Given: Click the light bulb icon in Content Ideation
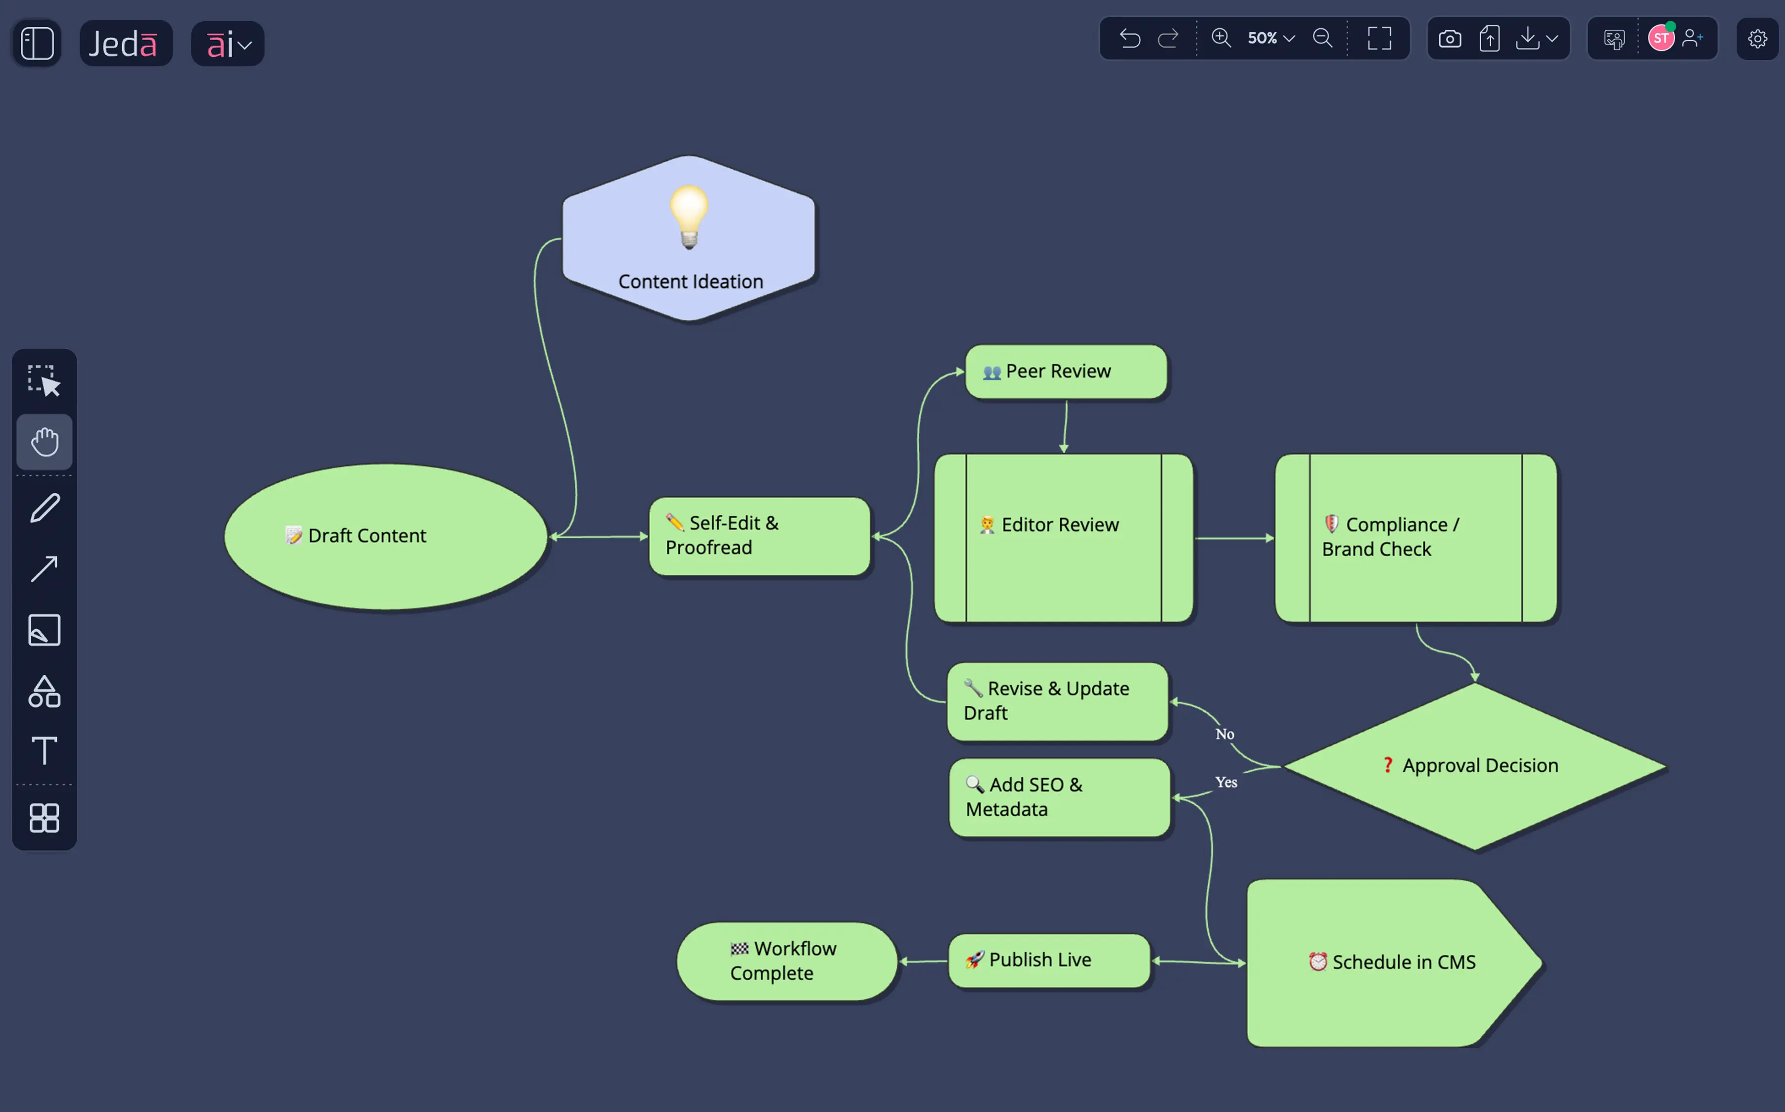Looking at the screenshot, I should point(689,217).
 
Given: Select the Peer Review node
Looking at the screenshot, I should point(1065,372).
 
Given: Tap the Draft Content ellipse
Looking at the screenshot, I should point(385,536).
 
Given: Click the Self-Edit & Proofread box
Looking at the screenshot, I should point(759,536).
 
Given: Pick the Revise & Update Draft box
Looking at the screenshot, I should point(1057,701).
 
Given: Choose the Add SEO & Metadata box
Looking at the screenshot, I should point(1059,797).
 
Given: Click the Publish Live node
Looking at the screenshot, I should point(1049,961).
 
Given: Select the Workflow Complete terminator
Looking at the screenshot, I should point(786,961).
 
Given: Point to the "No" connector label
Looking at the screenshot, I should point(1224,734).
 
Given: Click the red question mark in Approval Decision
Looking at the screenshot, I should point(1387,766).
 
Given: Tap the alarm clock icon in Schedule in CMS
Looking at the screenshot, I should point(1317,962).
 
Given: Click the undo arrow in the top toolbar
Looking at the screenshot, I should point(1129,38).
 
